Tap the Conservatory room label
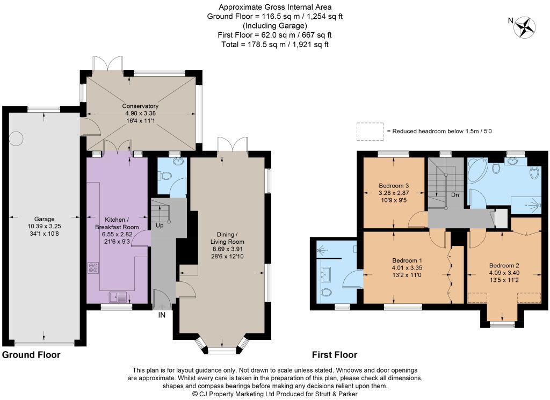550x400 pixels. coord(140,106)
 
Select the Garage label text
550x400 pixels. coord(44,219)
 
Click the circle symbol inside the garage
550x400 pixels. coord(16,139)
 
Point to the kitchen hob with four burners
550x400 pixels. coord(93,268)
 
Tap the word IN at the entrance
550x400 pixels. coord(161,315)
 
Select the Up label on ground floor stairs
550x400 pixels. coord(160,226)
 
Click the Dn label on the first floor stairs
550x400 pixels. coord(455,195)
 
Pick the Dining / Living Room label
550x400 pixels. coord(227,238)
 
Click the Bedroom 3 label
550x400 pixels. coord(394,185)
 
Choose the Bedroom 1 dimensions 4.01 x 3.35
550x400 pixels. coord(407,268)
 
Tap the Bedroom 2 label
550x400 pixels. coord(504,265)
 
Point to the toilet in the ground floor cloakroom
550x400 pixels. coord(164,175)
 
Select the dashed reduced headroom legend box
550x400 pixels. coord(370,132)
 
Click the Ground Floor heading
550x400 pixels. coord(31,355)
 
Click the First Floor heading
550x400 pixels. coord(335,355)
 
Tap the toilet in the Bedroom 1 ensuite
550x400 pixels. coord(326,293)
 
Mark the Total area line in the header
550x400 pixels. coord(275,45)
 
